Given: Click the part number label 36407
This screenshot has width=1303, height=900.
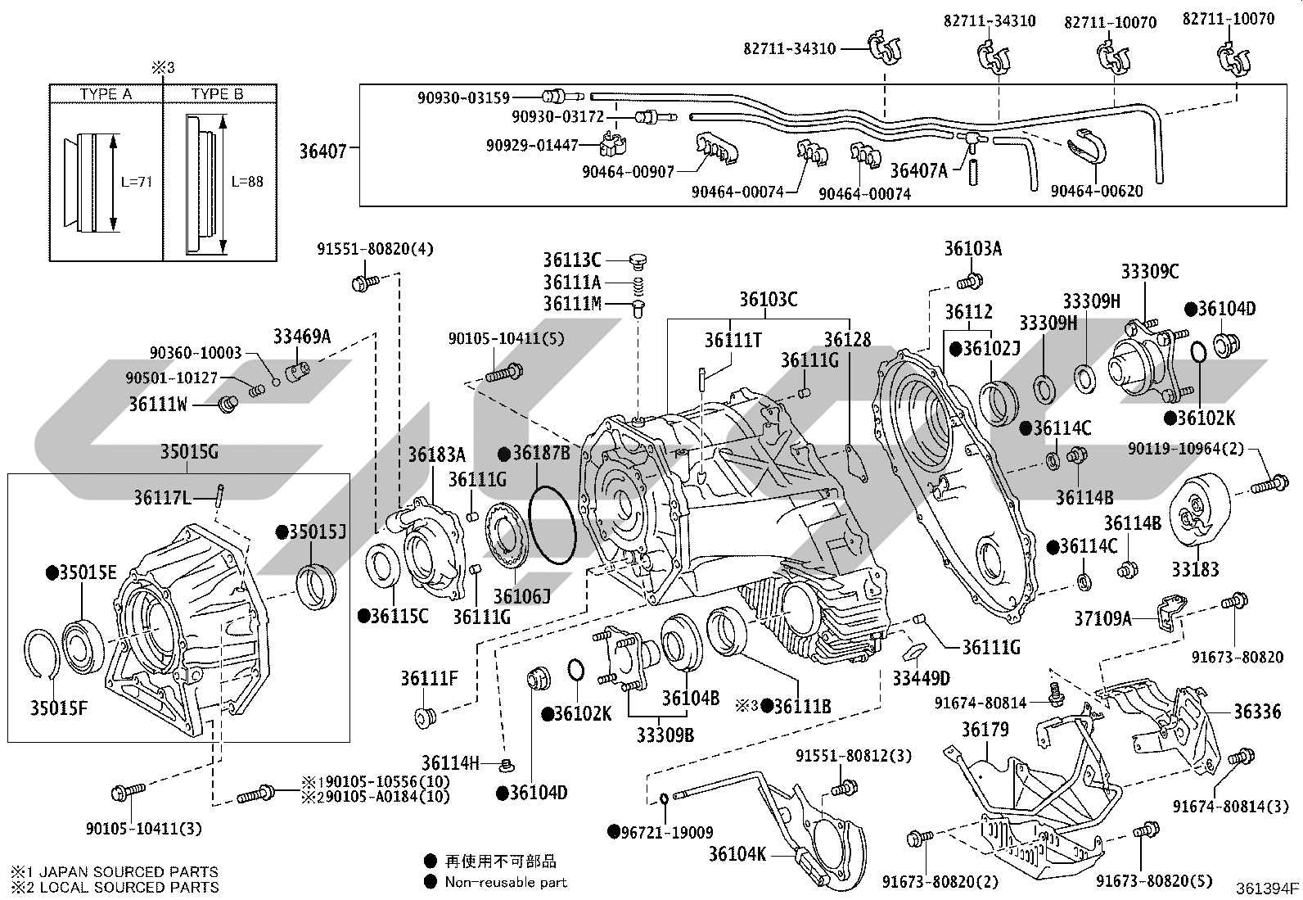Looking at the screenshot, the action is point(322,152).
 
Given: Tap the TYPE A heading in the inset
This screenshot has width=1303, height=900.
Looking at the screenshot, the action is point(106,94).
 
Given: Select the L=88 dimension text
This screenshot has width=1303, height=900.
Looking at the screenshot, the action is point(247,182).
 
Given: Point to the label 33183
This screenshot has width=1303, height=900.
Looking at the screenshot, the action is point(1196,569).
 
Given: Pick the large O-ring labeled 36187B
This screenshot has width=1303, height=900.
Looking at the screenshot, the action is point(552,524).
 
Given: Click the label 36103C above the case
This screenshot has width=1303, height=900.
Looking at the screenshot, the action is point(769,299).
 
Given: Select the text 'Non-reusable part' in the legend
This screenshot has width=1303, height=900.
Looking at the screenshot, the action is point(506,882).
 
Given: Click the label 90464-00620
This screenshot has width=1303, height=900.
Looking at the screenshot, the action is point(1097,191).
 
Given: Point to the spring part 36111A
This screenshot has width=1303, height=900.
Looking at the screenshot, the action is point(638,285).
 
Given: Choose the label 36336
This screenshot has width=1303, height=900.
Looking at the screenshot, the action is point(1258,712).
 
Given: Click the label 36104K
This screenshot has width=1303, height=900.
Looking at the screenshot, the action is point(737,854).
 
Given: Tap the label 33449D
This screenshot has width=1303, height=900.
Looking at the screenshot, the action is point(922,678).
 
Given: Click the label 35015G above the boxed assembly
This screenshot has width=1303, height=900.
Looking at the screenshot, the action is point(190,452).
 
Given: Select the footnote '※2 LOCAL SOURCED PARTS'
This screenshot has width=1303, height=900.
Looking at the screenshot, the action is point(115,887).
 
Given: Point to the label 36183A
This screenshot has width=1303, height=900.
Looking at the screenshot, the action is point(437,454).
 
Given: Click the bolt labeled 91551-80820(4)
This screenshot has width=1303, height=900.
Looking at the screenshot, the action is point(366,283).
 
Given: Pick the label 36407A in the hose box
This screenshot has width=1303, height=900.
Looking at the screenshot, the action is point(919,170).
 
